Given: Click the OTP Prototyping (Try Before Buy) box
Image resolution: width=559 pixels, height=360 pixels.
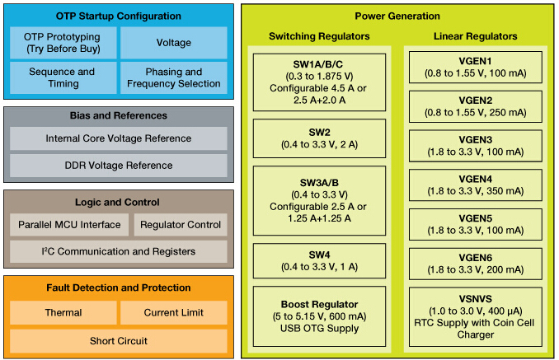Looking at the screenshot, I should pyautogui.click(x=63, y=43).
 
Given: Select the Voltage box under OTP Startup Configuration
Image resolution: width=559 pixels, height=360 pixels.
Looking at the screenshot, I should pyautogui.click(x=173, y=43).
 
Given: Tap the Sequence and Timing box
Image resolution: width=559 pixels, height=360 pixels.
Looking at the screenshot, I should pyautogui.click(x=63, y=77).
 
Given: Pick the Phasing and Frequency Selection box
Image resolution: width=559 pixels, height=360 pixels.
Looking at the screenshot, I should pyautogui.click(x=173, y=77).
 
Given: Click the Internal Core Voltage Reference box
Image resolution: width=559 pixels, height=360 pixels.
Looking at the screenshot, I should pyautogui.click(x=118, y=138).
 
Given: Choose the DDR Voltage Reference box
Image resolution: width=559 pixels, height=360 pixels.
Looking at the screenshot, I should pyautogui.click(x=118, y=166).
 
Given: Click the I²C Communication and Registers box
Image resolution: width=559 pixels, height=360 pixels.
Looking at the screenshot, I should pyautogui.click(x=118, y=251).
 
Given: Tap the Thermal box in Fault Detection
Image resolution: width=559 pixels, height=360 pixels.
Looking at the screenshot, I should pyautogui.click(x=63, y=312).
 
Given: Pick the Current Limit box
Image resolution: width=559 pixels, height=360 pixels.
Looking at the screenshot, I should pyautogui.click(x=173, y=312).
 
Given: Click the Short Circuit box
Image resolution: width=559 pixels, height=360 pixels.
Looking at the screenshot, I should pyautogui.click(x=118, y=340).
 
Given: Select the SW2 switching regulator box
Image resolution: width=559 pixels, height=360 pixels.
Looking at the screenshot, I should pyautogui.click(x=319, y=138).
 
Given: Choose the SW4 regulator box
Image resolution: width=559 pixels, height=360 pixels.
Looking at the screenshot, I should pyautogui.click(x=319, y=263).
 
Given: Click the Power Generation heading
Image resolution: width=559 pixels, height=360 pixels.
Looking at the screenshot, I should pyautogui.click(x=397, y=16).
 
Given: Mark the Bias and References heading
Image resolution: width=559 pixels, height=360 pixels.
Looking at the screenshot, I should pyautogui.click(x=118, y=115).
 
